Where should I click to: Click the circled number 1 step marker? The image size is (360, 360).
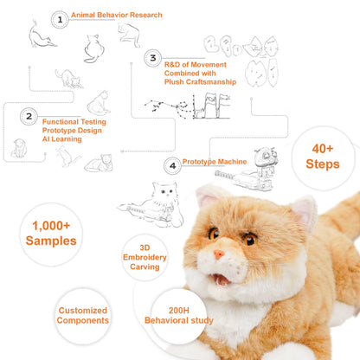point(59,18)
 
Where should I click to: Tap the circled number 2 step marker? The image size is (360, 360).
point(29,115)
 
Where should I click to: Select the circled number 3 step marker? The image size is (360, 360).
point(152,59)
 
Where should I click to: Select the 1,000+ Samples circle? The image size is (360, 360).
point(50,233)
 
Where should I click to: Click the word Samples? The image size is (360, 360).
point(50,241)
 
